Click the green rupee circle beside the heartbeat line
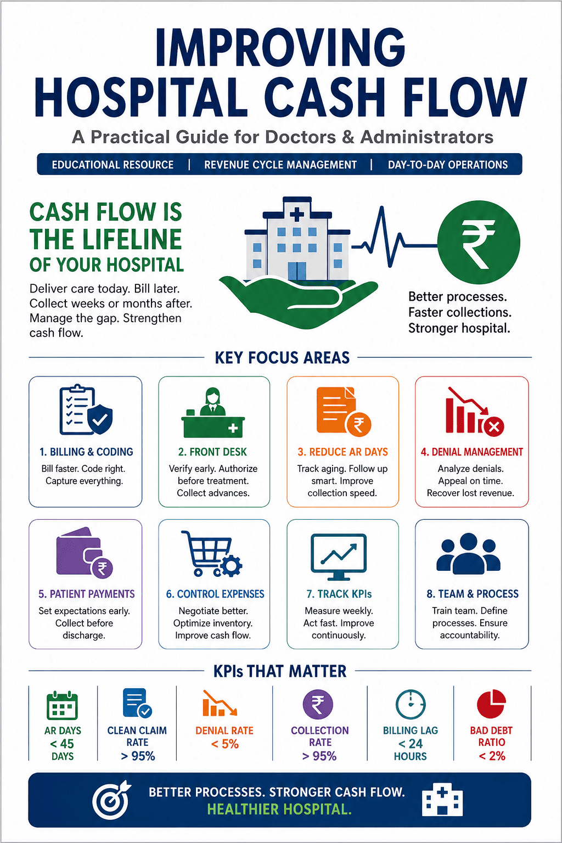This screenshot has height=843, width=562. point(479,242)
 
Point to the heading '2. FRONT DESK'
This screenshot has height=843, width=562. point(213,452)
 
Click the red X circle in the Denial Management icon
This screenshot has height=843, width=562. point(493,427)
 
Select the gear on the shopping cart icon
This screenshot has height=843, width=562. point(231,565)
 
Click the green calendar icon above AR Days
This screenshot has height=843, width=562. point(62,705)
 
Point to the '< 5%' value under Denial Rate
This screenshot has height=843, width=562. point(224,744)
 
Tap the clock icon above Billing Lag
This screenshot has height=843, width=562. point(411,705)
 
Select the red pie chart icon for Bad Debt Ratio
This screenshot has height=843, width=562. point(491,704)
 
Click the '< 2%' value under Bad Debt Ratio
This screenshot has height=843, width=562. point(492,756)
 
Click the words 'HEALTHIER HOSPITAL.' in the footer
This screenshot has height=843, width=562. point(279,809)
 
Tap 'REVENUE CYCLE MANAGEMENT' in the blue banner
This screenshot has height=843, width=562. point(280,165)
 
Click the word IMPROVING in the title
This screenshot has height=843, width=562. point(280,48)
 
